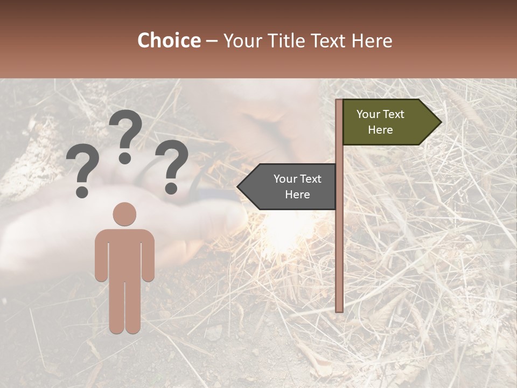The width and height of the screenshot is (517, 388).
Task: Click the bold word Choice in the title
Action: (x=169, y=41)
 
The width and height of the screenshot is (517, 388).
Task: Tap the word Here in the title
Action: (x=372, y=41)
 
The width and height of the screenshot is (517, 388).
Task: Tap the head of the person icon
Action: (x=124, y=214)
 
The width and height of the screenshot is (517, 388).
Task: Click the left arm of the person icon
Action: (x=101, y=256)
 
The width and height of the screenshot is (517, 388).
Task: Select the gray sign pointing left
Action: (x=291, y=186)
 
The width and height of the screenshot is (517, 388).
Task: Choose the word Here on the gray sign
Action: (x=297, y=195)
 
